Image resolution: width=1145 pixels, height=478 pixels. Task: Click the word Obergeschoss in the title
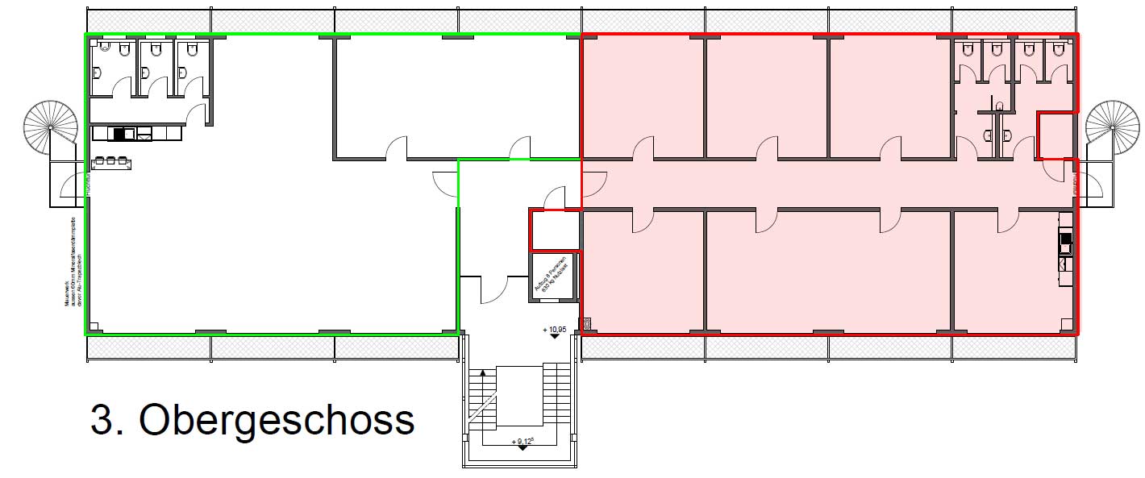click(277, 420)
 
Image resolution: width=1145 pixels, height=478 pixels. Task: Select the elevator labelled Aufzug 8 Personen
click(553, 277)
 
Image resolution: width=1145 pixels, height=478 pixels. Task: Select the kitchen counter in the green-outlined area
click(122, 134)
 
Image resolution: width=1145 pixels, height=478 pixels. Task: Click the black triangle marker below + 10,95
click(556, 338)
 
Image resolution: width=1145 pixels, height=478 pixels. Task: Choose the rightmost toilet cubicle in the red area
click(1059, 61)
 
